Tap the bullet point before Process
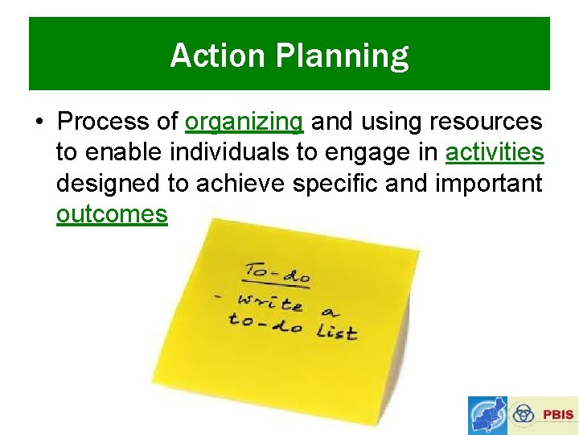coord(39,122)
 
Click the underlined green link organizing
coord(244,122)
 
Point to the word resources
coord(486,122)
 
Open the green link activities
coord(495,152)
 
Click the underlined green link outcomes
coord(112,214)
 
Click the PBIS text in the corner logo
coord(558,415)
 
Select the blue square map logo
coord(488,416)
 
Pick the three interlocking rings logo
coord(524,415)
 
